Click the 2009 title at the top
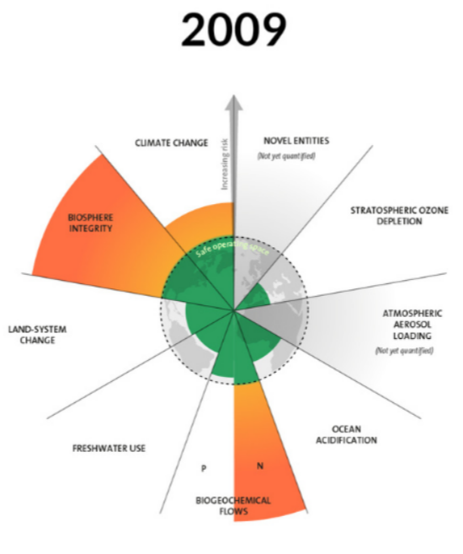233,30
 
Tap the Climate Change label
172,143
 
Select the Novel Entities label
296,141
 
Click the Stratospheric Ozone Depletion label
399,216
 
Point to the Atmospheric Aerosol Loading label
412,325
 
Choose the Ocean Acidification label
346,434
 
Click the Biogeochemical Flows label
233,506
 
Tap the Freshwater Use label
109,448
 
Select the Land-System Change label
37,335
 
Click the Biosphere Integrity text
91,223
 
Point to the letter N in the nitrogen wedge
260,466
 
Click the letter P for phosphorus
204,469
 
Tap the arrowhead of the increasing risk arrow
233,103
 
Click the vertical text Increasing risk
225,164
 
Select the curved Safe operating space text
232,247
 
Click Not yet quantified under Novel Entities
286,156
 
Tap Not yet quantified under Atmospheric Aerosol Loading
404,351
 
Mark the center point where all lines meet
233,310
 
